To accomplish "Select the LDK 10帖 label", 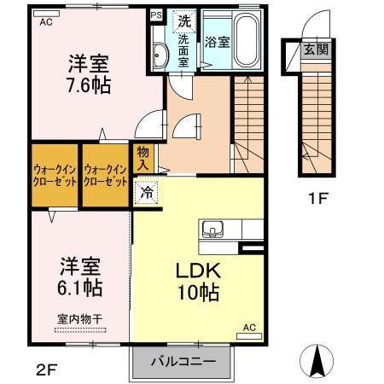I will (199, 281).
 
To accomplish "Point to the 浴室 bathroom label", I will (216, 42).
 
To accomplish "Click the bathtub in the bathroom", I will (247, 41).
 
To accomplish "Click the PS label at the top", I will (155, 15).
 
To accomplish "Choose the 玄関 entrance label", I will (315, 49).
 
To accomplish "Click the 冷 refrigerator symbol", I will (148, 193).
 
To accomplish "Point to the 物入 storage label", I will (143, 157).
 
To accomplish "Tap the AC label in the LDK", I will (249, 327).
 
